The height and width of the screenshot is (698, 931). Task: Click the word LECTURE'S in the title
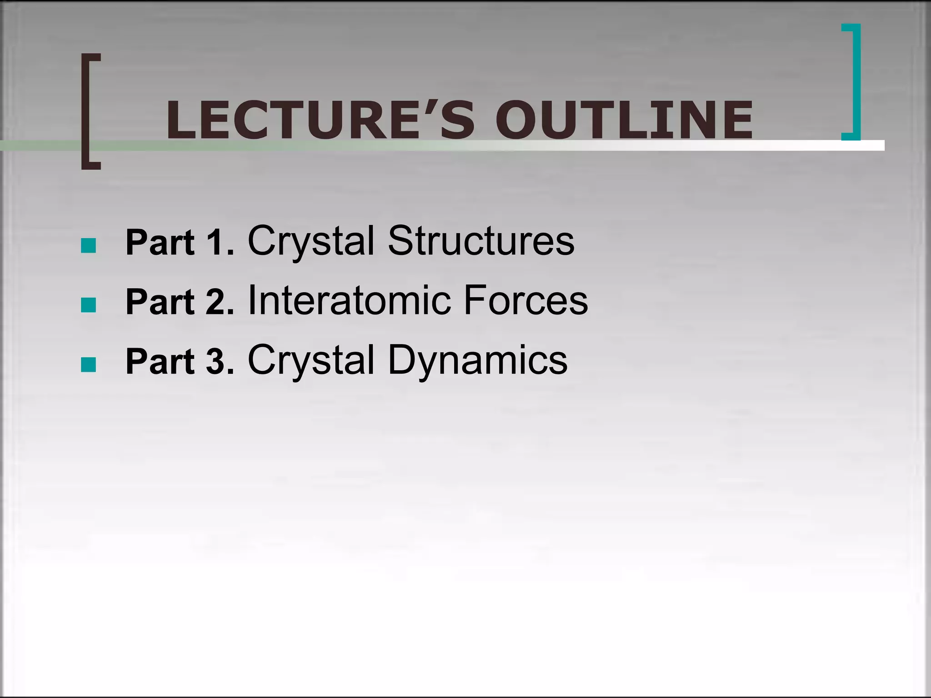pos(320,120)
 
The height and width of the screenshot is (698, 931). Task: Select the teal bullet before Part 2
pos(88,305)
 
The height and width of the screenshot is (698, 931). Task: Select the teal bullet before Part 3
pos(88,364)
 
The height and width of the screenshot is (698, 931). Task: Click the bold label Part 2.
pos(180,302)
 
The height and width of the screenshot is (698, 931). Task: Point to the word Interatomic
pos(349,300)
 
